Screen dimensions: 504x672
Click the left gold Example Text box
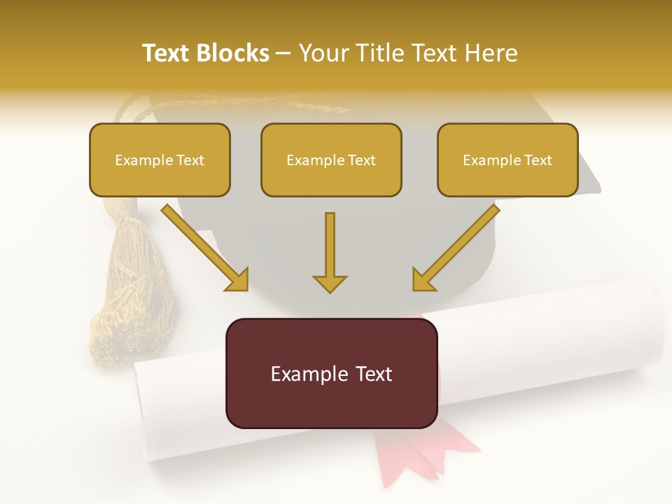coord(160,160)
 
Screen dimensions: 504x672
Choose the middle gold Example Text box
coord(331,160)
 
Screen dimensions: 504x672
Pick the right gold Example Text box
coord(507,160)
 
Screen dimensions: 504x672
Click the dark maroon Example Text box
coord(331,373)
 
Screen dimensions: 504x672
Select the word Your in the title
coord(321,53)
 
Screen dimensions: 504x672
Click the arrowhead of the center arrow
coord(330,283)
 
